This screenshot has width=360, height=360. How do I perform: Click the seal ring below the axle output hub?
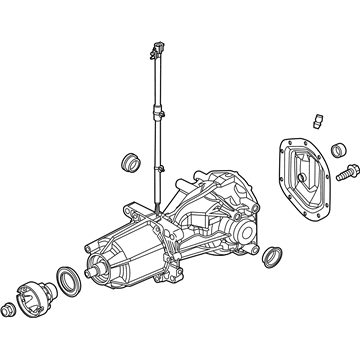[x=271, y=261]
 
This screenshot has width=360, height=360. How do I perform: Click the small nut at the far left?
[x=11, y=308]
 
